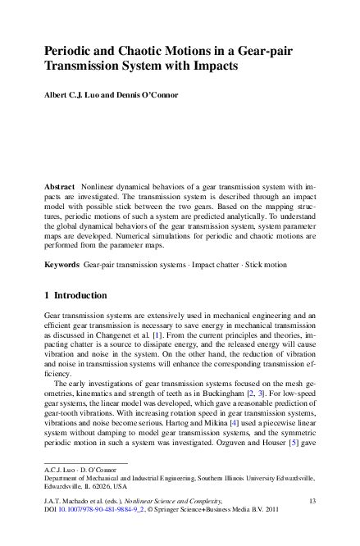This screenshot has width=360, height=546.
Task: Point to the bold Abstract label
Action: point(59,188)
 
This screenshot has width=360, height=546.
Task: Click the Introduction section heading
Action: point(89,294)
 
